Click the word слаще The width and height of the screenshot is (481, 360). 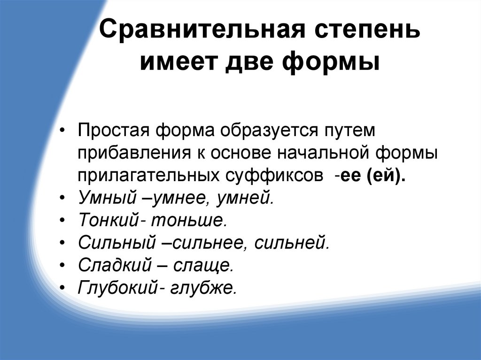[203, 266]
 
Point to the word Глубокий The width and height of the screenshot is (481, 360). [117, 288]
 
